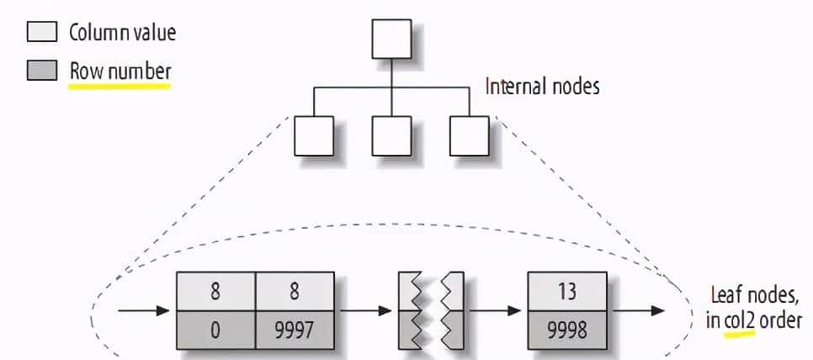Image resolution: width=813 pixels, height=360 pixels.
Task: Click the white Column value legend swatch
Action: point(42,33)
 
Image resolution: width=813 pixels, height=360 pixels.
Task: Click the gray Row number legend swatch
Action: point(42,71)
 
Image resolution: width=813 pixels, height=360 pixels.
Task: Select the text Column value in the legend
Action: point(122,34)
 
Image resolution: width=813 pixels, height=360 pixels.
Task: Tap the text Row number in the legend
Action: point(120,71)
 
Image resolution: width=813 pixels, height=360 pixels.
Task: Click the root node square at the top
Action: point(391,39)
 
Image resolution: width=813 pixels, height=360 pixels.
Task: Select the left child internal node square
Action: point(314,135)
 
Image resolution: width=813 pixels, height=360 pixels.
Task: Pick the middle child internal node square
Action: point(391,135)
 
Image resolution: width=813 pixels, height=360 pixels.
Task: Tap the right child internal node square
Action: point(469,135)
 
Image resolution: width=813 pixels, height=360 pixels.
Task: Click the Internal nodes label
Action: point(543,86)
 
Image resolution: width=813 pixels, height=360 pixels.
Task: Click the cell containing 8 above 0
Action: point(216,292)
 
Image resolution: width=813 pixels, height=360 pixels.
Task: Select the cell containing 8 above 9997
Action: point(295,292)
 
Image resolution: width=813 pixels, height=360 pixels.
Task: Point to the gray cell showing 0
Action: point(216,330)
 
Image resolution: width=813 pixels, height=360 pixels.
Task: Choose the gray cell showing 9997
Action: point(295,330)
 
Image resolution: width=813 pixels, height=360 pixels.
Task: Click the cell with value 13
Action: point(566,292)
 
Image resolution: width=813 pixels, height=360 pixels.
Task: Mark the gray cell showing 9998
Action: point(566,330)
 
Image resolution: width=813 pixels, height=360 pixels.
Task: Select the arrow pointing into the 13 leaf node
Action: point(497,311)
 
